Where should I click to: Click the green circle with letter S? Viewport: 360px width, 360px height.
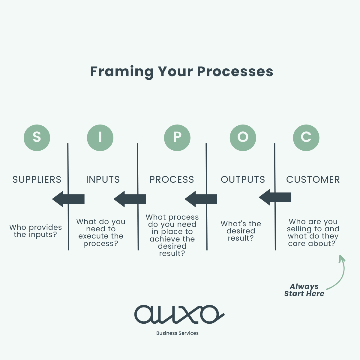tap(37, 138)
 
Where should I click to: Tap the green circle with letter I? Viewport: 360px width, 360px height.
tap(100, 138)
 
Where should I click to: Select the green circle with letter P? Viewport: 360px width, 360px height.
tap(177, 138)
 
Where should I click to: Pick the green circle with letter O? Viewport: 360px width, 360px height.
tap(243, 138)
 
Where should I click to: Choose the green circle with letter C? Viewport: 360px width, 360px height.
tap(306, 138)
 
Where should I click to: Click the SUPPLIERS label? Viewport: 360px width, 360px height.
tap(37, 179)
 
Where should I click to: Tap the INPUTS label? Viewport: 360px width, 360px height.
tap(103, 179)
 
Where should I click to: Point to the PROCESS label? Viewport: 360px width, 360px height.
tap(172, 179)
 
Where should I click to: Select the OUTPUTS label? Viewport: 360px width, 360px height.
tap(243, 179)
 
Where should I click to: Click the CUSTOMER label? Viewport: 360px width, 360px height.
tap(313, 179)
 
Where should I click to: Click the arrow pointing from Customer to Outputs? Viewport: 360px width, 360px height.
tap(275, 197)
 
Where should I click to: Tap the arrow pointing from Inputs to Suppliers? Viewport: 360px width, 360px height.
tap(68, 199)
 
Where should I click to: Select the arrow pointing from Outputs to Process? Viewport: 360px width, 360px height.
tap(201, 199)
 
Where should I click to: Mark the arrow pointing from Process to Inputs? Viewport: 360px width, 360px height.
tap(130, 199)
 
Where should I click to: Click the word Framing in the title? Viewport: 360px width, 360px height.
tap(122, 72)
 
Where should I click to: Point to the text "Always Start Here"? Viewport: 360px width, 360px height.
tap(304, 290)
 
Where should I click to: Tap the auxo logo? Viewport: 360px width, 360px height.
tap(179, 314)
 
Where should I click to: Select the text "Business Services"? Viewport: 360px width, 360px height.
tap(177, 333)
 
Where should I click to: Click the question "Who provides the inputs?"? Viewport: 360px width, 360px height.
tap(35, 231)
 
